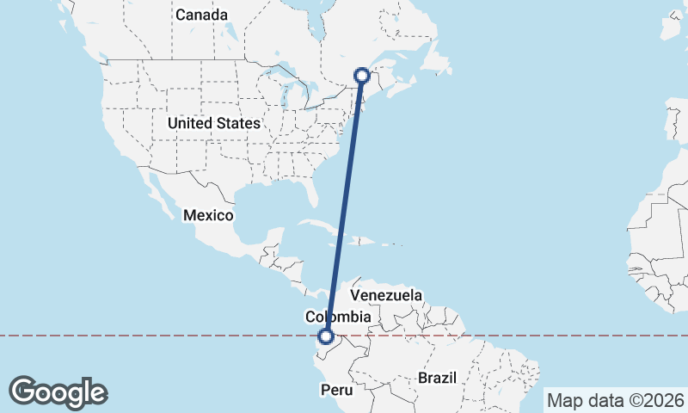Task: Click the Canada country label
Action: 202,15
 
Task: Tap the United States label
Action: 213,123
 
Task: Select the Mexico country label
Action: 207,214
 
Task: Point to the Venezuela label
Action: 387,295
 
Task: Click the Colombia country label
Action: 338,317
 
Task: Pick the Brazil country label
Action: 441,378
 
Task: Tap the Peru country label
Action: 337,390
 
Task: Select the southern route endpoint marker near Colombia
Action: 326,337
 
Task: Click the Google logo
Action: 58,392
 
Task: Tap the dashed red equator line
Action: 172,336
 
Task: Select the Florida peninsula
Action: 310,199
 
